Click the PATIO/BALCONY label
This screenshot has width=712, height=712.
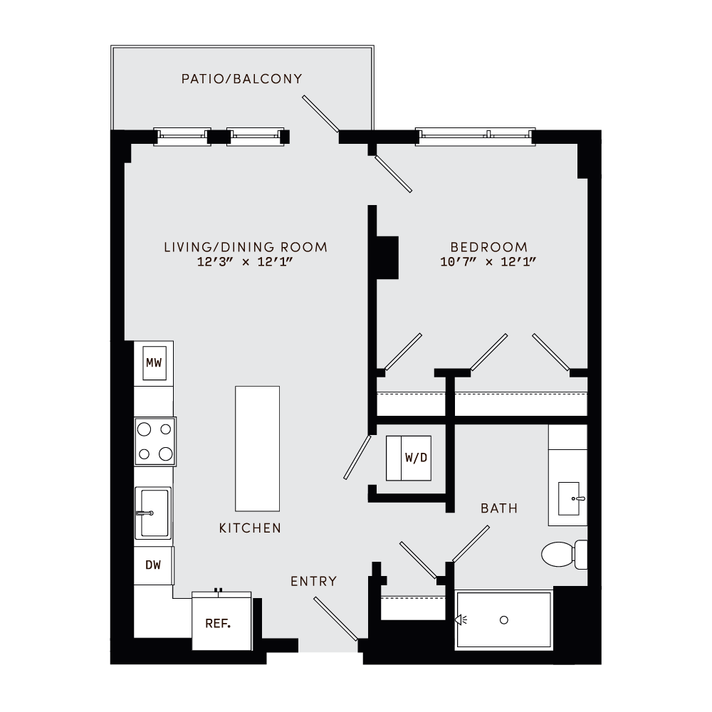[241, 79]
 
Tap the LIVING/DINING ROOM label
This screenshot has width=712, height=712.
[246, 247]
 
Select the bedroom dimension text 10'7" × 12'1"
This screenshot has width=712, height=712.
[488, 262]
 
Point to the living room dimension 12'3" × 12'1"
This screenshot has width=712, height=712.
[246, 262]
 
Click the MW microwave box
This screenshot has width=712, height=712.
[154, 363]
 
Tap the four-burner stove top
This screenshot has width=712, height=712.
[155, 441]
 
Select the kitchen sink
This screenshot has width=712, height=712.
[154, 513]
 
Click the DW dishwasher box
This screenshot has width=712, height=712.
[153, 565]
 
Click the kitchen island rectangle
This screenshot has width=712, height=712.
[257, 448]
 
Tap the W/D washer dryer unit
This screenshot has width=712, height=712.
[409, 458]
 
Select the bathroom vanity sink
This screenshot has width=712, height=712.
[572, 498]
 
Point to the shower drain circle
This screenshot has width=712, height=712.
[504, 620]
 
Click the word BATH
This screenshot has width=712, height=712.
[498, 508]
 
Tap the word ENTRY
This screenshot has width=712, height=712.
[313, 582]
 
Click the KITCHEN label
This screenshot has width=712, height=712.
[250, 528]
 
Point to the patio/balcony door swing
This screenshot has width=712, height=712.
[320, 114]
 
